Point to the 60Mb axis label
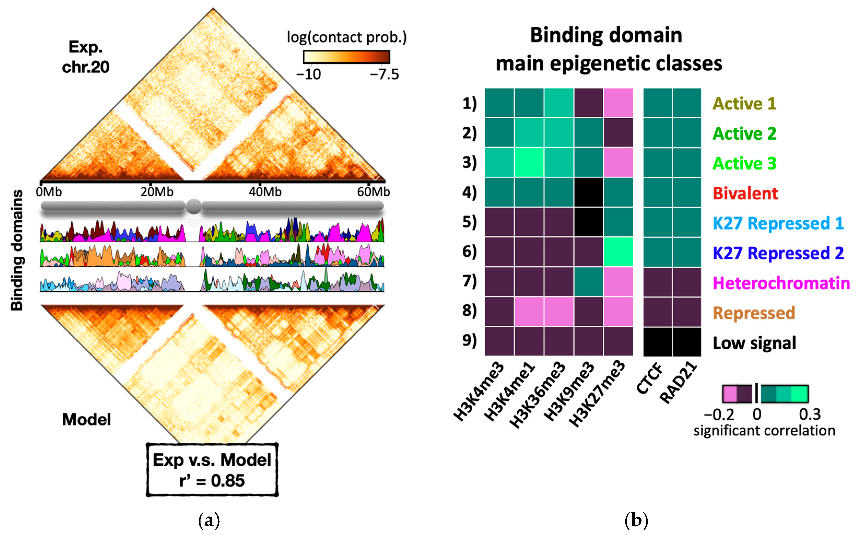coord(373,192)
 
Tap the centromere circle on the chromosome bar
coord(193,206)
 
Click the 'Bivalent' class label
coord(745,193)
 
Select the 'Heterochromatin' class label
coord(781,283)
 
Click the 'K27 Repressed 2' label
coord(778,253)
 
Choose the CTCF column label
coord(649,379)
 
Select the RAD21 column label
coord(678,382)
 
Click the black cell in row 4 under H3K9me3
coord(589,192)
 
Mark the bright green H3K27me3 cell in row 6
coord(618,252)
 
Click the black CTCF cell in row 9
coord(658,342)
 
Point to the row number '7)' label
coord(469,281)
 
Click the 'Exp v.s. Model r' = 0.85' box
coord(212,470)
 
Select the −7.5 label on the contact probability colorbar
coord(384,74)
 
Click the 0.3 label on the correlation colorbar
coord(810,414)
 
